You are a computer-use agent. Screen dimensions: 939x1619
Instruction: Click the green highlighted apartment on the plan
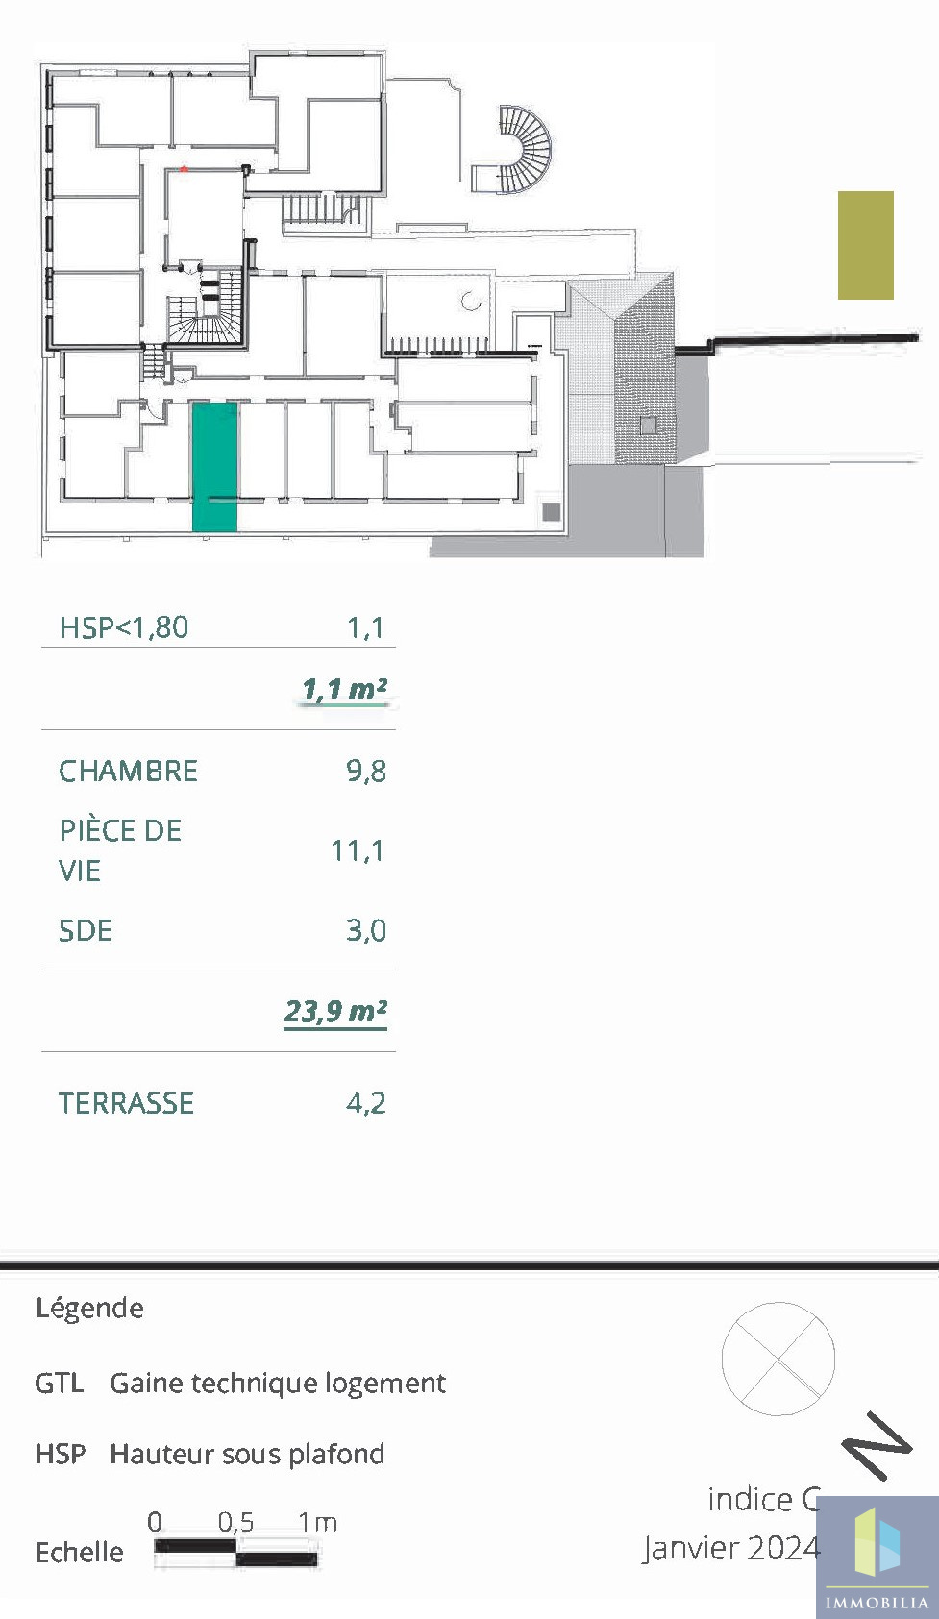214,467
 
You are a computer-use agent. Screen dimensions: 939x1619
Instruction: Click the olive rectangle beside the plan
865,245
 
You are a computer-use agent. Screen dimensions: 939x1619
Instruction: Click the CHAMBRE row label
128,772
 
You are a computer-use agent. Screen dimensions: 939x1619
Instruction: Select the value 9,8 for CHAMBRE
366,772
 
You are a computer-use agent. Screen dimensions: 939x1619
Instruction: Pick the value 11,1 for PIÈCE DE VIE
358,850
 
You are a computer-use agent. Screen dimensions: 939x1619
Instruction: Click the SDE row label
86,930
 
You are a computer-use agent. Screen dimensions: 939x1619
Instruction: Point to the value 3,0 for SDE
366,930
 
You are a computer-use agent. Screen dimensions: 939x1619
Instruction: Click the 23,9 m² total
335,1011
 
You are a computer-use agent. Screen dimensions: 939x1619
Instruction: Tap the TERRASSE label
126,1104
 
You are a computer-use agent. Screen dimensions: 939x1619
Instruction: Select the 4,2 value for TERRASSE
366,1104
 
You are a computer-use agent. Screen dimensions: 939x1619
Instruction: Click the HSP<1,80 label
124,627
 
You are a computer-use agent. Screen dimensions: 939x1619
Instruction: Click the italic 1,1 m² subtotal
344,690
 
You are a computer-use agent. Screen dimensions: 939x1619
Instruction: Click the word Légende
89,1309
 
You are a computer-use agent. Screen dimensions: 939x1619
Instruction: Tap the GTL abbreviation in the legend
60,1384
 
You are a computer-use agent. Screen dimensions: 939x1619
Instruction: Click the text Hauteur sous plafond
247,1454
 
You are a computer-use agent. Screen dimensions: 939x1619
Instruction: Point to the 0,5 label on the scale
236,1522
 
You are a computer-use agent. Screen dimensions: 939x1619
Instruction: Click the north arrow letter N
877,1444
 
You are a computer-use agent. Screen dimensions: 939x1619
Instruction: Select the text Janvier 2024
731,1548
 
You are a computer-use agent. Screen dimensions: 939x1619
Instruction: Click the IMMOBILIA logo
877,1557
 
